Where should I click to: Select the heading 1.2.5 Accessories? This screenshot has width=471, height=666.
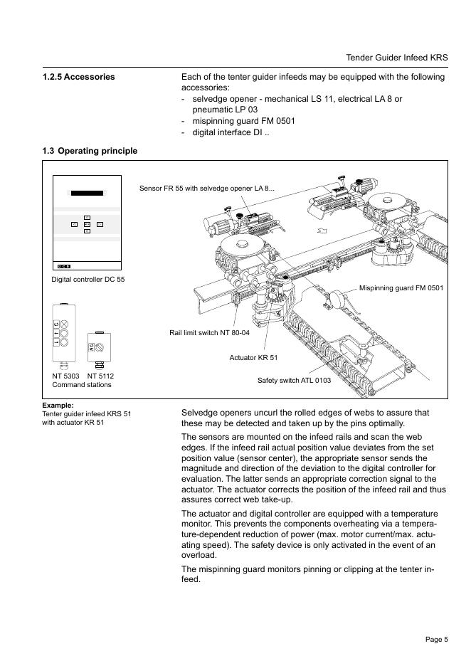click(x=78, y=77)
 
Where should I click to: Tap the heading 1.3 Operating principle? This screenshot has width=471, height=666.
click(x=90, y=151)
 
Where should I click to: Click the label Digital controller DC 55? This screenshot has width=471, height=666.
click(x=88, y=280)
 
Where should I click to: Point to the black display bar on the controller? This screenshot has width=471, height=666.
click(x=87, y=193)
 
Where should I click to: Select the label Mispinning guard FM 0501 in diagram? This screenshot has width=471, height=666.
click(x=401, y=288)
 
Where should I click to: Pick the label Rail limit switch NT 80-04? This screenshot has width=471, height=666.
click(x=209, y=332)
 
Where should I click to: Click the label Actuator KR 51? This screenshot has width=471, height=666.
click(x=253, y=357)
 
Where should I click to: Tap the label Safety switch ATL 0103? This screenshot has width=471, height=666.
click(x=294, y=381)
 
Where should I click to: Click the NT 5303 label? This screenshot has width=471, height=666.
click(x=65, y=376)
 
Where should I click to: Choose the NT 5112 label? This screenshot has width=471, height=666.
click(x=100, y=376)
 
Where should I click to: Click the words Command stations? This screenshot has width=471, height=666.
click(x=82, y=385)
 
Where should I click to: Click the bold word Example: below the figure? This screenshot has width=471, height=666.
click(x=58, y=406)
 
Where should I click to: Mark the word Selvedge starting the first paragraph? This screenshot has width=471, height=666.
click(x=200, y=413)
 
